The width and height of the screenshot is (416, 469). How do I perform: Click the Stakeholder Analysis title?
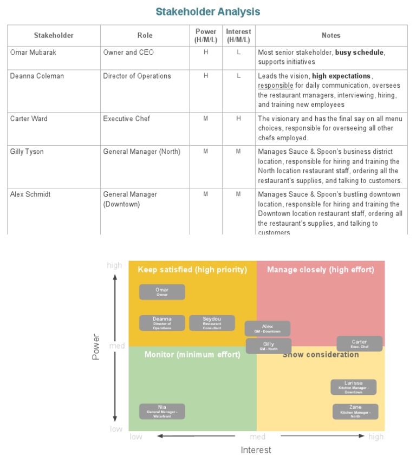tap(208, 11)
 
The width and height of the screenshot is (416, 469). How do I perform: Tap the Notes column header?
tap(331, 36)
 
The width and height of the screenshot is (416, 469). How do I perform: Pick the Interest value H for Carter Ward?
tap(238, 119)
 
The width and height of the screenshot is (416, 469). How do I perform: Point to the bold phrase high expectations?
tap(341, 76)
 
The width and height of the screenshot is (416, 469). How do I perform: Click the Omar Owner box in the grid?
tap(162, 292)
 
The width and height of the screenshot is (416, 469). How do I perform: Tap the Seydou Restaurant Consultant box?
tap(212, 323)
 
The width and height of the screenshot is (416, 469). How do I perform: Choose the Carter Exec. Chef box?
tap(359, 344)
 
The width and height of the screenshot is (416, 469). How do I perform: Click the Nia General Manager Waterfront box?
tap(162, 411)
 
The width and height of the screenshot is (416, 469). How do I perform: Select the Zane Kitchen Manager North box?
tap(355, 411)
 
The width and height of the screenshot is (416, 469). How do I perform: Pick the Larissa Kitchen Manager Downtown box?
tap(353, 387)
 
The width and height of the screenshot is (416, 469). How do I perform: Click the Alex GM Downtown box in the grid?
tap(268, 329)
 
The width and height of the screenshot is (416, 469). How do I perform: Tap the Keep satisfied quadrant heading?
tap(192, 270)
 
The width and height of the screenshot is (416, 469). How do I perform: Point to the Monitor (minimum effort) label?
tap(192, 355)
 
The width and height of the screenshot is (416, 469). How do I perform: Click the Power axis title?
tap(96, 347)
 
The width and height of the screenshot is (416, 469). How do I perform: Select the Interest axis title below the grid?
tap(256, 450)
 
